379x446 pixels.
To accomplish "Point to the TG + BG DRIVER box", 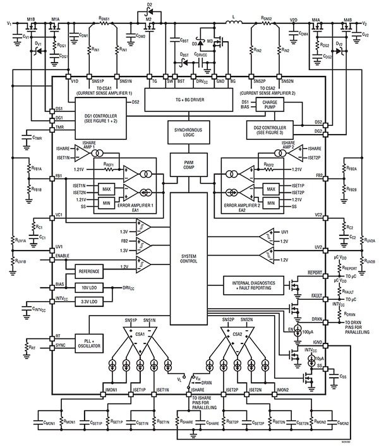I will [189, 99].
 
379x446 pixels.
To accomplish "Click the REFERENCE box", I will [93, 271].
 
